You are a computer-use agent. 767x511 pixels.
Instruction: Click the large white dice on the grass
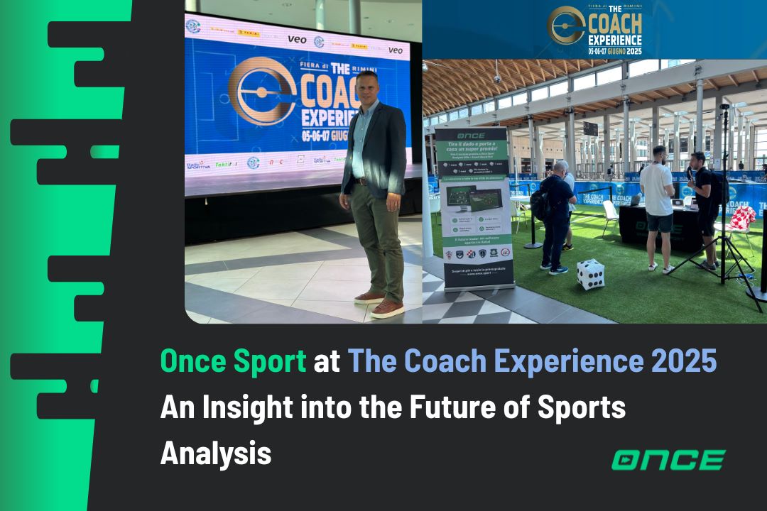click(x=590, y=275)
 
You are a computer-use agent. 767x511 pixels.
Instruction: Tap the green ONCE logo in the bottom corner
click(x=668, y=459)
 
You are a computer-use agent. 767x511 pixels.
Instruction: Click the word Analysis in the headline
click(x=216, y=453)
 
